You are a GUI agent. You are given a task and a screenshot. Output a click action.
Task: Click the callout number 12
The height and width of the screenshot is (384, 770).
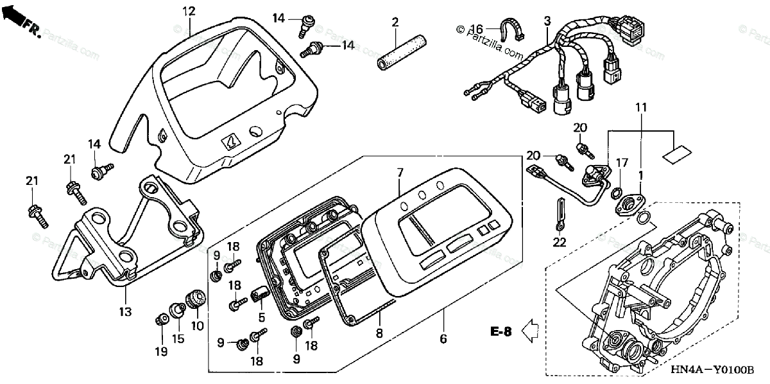[x=187, y=11]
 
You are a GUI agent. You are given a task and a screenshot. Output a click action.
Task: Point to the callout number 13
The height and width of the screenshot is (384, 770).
[x=124, y=312]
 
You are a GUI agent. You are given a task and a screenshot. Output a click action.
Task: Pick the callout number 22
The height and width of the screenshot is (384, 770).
[x=560, y=241]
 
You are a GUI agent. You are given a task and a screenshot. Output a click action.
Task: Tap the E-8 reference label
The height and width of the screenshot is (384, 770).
[x=501, y=332]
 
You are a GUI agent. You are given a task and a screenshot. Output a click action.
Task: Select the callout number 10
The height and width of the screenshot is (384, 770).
[x=197, y=326]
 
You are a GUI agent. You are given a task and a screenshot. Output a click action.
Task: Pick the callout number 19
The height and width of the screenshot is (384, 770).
[x=160, y=351]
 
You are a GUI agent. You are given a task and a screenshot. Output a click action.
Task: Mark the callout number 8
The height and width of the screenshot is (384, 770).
[x=379, y=333]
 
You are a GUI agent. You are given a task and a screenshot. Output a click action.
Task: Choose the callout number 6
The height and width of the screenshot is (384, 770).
[x=443, y=338]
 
